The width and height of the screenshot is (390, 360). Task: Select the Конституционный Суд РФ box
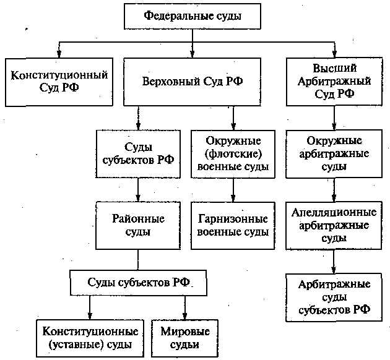[x=59, y=82]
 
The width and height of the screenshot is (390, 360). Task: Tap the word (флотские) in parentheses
[x=233, y=153]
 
